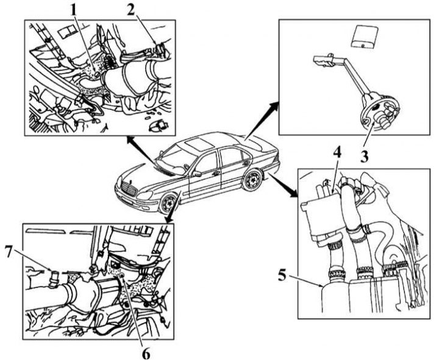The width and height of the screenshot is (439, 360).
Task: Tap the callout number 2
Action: point(131,10)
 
